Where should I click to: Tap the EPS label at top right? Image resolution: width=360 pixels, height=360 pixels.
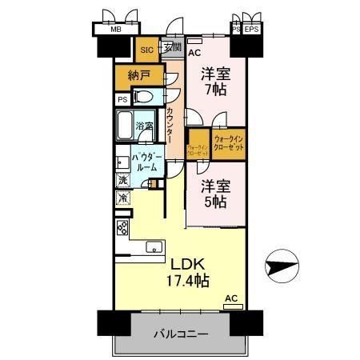coord(251,30)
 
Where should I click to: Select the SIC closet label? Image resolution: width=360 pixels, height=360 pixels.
coord(146,50)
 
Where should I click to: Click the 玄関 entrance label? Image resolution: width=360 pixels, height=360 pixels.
coord(172,49)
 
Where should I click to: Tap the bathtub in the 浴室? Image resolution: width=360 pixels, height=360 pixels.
coord(126,125)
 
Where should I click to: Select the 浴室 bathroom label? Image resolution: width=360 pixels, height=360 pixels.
coord(145,126)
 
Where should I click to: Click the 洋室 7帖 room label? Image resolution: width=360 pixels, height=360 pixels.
coord(217,80)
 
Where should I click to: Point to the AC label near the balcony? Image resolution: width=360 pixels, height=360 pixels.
coord(230,299)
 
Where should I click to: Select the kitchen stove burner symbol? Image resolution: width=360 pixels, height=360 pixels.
coord(122,227)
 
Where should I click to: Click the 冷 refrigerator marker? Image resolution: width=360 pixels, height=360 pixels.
coord(122,197)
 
